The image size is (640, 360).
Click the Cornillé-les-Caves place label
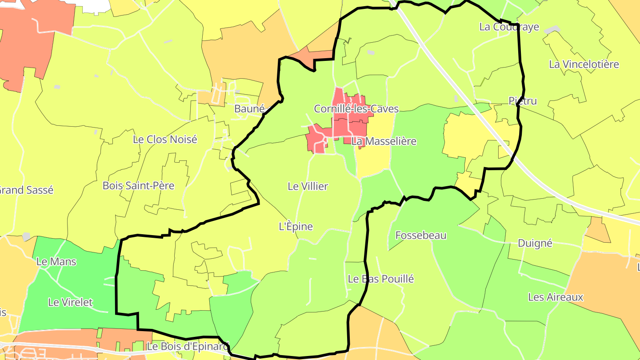coord(356,109)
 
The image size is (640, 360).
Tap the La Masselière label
coord(384,141)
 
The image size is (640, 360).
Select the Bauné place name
coord(249,109)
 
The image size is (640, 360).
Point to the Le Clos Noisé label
coord(165,140)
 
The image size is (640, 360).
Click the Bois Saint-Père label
coord(138,186)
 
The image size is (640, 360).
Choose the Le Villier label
coord(308,187)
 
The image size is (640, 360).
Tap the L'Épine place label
coord(296,227)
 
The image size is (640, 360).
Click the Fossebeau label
coord(420,236)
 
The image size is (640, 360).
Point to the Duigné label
coord(535,243)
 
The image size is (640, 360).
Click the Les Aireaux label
coord(555,297)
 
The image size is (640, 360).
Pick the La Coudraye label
coord(509,27)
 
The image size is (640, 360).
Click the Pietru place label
coord(522,101)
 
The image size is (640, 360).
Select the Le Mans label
coord(56,262)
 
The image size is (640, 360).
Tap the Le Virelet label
coord(70,303)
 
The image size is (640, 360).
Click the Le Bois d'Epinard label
coord(187,346)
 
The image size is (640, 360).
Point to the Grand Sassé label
coord(26,190)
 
